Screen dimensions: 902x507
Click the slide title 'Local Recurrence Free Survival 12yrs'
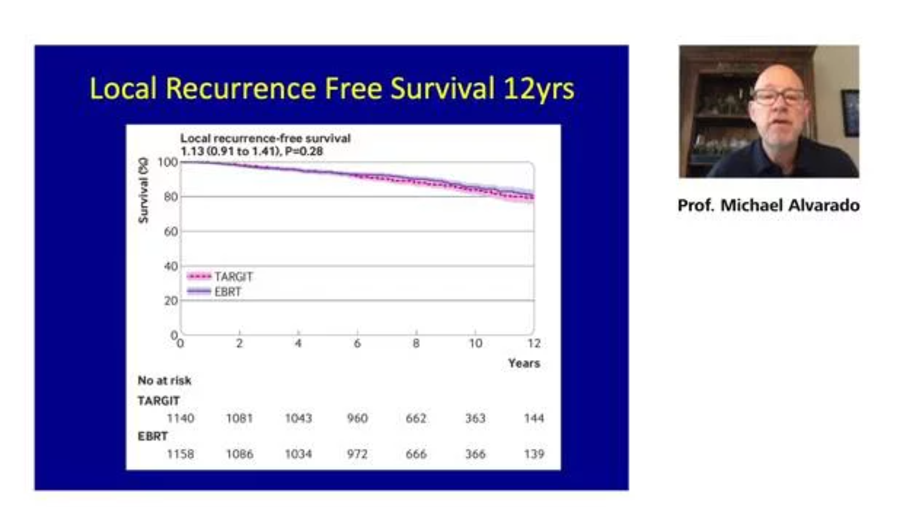[x=332, y=89]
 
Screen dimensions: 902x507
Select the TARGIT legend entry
[x=220, y=277]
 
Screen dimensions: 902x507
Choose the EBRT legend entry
[x=214, y=292]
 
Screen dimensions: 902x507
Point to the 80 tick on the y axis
[x=171, y=197]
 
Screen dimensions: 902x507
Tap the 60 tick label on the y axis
[x=171, y=231]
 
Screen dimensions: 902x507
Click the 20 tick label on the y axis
[x=171, y=301]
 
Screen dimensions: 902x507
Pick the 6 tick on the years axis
[x=357, y=343]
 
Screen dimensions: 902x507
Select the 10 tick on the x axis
[x=475, y=343]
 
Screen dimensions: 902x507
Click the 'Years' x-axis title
[x=524, y=363]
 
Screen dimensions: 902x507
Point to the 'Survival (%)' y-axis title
[x=143, y=190]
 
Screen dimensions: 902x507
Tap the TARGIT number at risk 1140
[x=181, y=418]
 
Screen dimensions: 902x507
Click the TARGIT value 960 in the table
[x=357, y=418]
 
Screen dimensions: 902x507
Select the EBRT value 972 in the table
[x=357, y=454]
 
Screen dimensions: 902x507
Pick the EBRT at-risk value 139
[x=534, y=454]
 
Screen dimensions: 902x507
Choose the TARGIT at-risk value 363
[x=475, y=418]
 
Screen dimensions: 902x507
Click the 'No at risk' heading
[x=165, y=380]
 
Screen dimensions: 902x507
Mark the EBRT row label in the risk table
[x=153, y=436]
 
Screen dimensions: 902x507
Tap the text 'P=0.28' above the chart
[x=304, y=151]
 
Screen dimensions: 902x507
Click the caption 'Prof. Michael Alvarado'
[x=768, y=205]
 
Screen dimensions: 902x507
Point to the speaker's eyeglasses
[x=778, y=96]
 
